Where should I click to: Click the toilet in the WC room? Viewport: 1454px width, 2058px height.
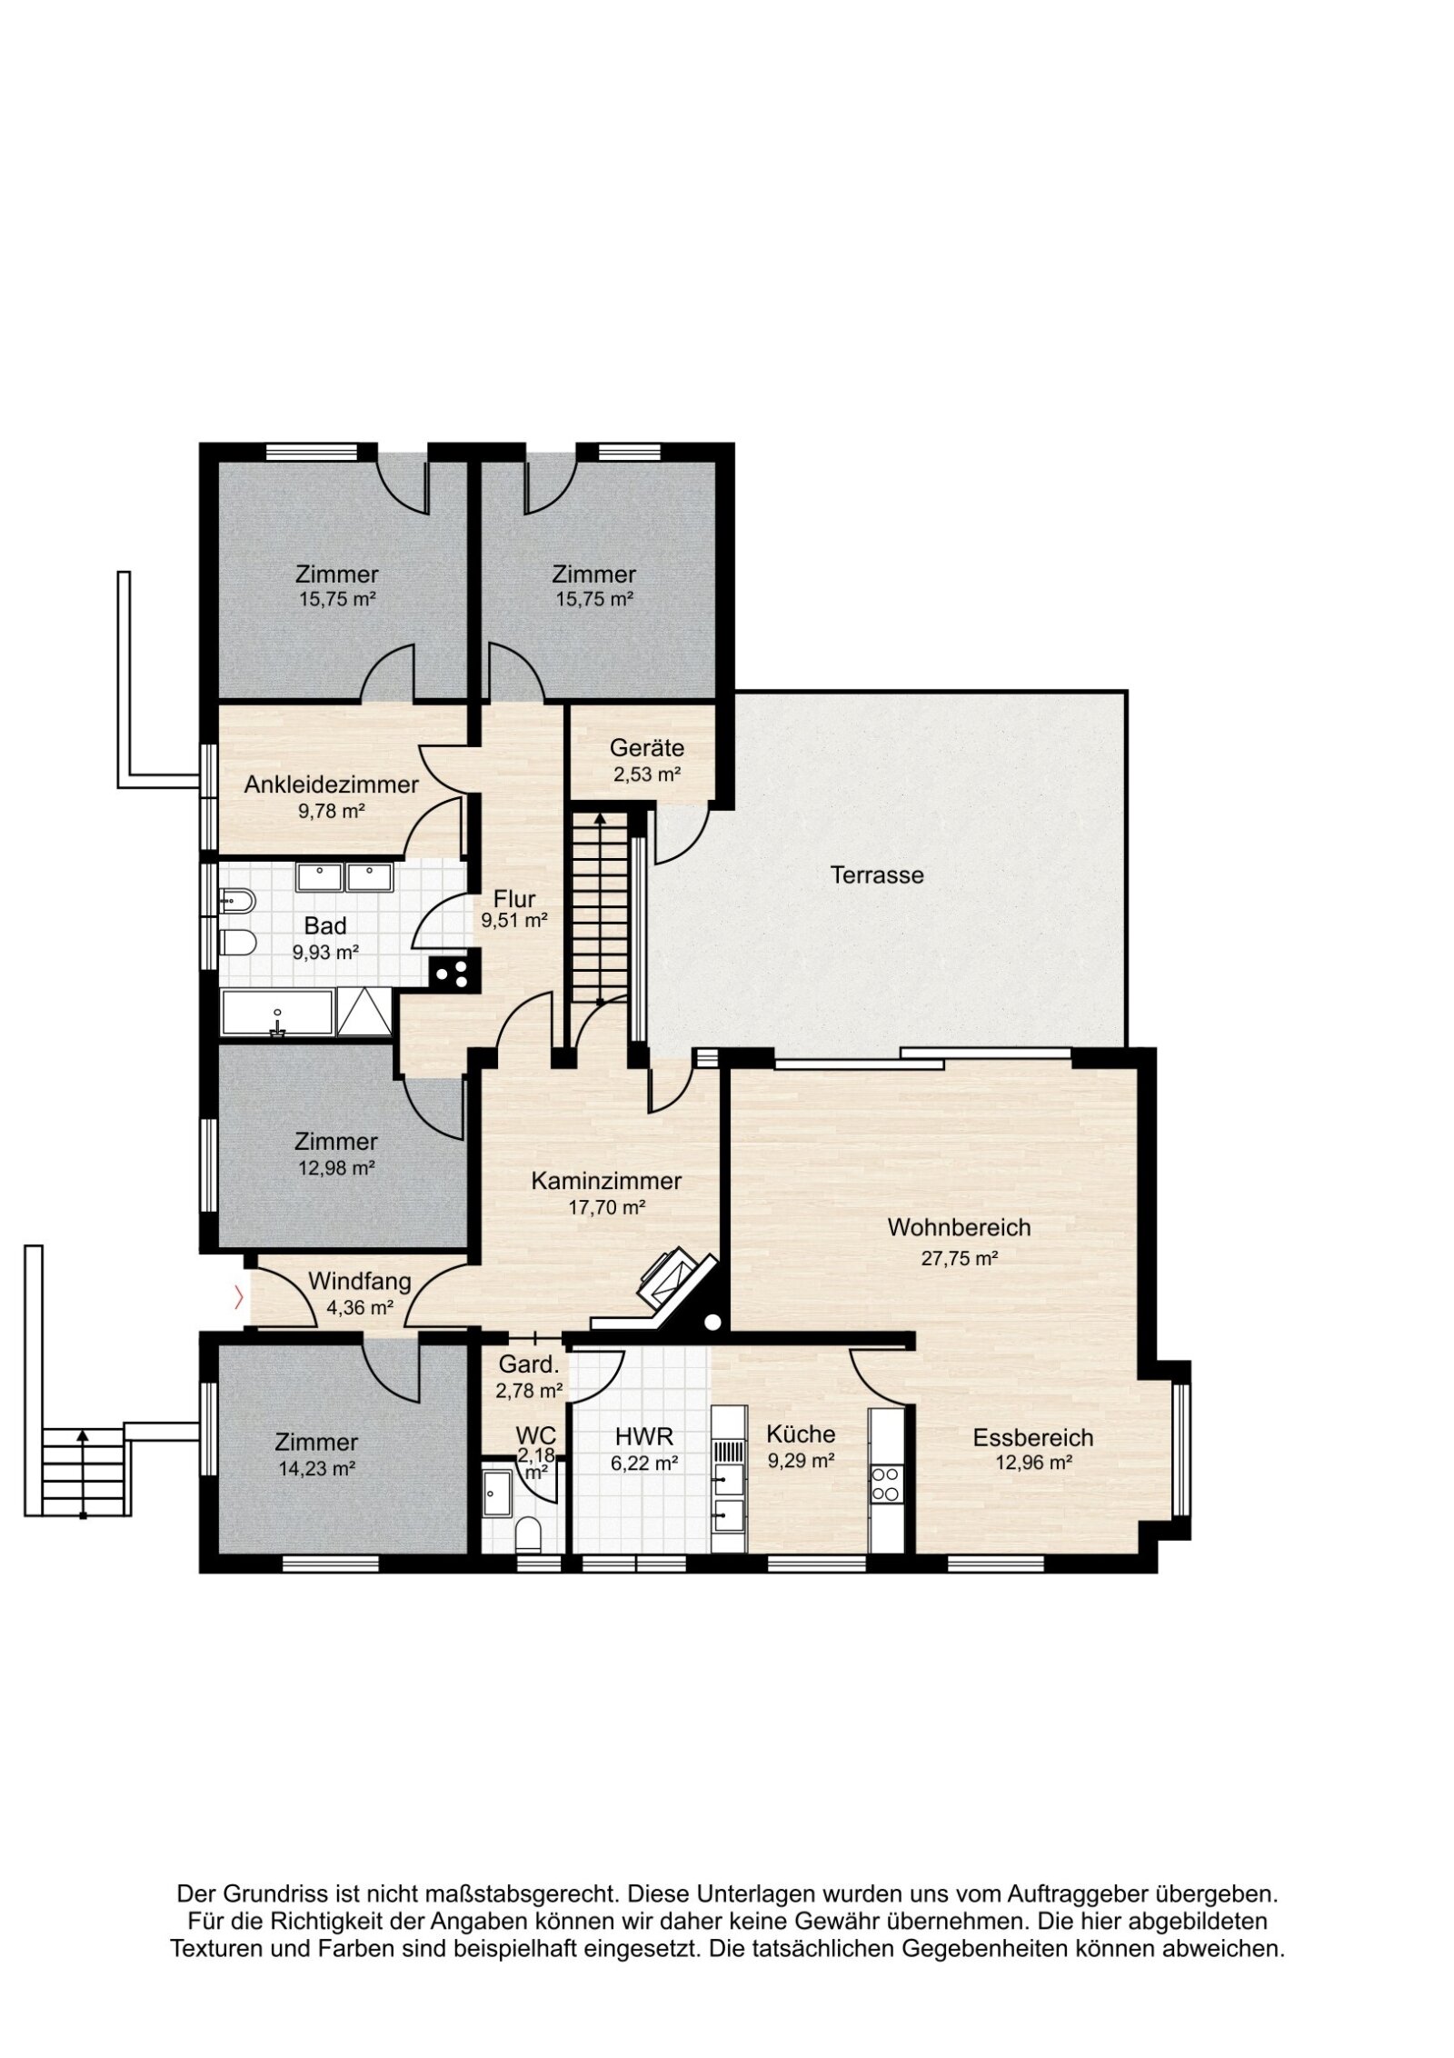tap(526, 1535)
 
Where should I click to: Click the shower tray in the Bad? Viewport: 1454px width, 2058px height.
tap(364, 1013)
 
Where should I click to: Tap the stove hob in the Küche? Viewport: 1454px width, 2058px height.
tap(886, 1483)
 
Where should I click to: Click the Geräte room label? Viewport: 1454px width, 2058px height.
tap(646, 748)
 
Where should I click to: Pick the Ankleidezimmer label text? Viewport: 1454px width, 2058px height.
tap(331, 784)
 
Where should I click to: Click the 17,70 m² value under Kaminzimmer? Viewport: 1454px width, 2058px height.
tap(606, 1207)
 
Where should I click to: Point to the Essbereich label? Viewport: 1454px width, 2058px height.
tap(1032, 1438)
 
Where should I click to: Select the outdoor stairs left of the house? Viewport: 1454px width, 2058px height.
tap(82, 1473)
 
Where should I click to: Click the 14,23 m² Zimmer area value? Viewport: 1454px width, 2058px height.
tap(316, 1467)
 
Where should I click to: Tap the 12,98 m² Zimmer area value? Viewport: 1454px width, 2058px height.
tap(336, 1167)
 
